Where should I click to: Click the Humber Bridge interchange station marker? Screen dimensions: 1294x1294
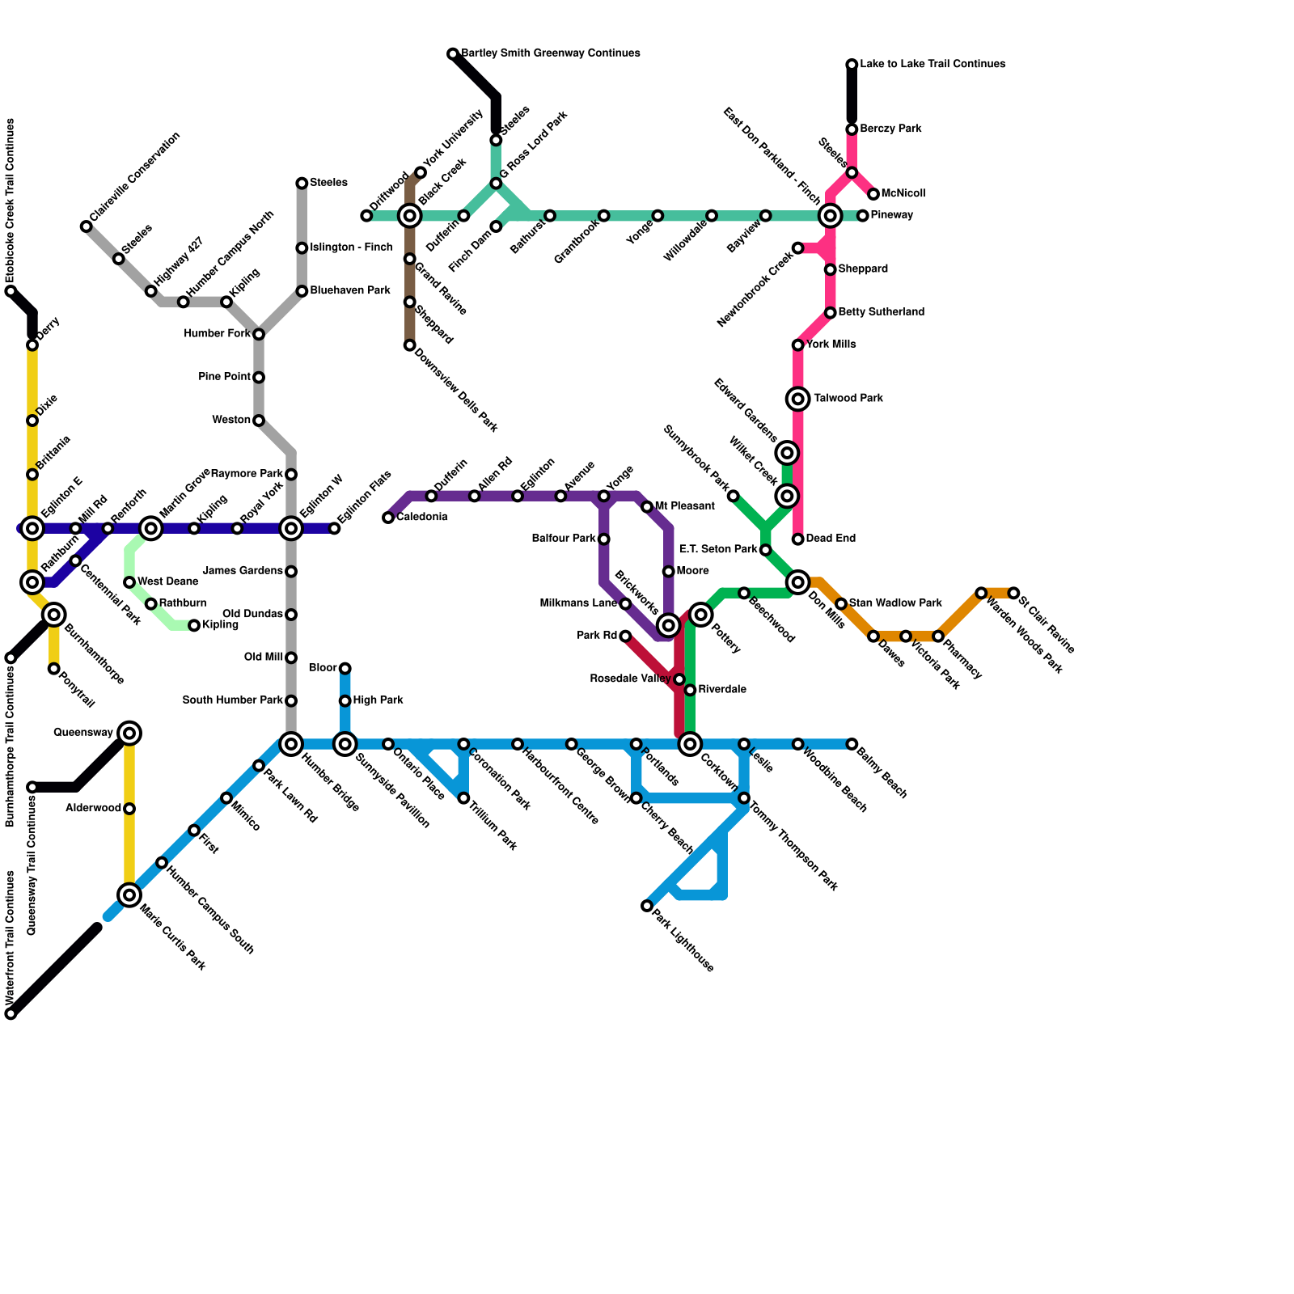click(291, 744)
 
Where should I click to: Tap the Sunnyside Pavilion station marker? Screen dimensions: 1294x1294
click(345, 744)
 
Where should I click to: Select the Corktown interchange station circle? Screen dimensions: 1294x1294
click(690, 744)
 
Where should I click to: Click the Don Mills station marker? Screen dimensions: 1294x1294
click(798, 582)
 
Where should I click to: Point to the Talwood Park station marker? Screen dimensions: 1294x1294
click(798, 399)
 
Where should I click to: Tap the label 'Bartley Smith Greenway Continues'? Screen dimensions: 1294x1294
click(550, 53)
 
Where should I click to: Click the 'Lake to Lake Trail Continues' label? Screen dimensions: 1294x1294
click(932, 64)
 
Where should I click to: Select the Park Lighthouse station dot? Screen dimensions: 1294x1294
click(647, 906)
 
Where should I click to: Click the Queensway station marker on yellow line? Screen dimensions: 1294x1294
click(129, 734)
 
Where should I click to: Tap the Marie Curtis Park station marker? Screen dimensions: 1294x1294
click(129, 894)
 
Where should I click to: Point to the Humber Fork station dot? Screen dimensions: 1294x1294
click(259, 334)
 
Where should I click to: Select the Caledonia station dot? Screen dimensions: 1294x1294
click(388, 518)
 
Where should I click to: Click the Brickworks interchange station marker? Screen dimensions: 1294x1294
click(668, 625)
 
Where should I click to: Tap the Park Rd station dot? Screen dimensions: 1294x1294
click(625, 636)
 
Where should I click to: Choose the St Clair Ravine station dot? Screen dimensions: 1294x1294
click(1013, 593)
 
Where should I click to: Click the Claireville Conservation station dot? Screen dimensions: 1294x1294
click(87, 226)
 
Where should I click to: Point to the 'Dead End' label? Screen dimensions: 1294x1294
click(831, 539)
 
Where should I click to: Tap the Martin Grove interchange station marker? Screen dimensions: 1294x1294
click(151, 529)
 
